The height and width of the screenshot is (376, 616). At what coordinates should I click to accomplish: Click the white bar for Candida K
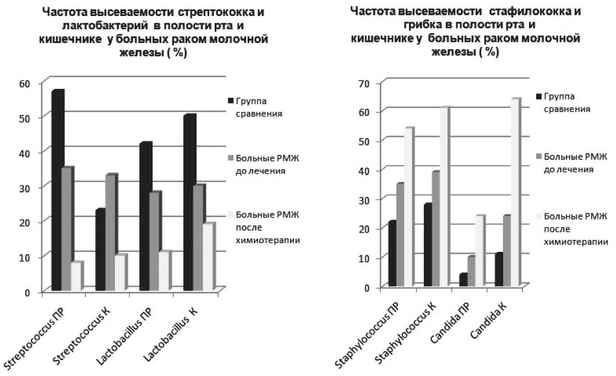coord(514,192)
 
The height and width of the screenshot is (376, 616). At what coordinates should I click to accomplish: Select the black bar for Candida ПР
coord(463,280)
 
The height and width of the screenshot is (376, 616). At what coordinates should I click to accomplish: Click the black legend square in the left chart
coord(230,101)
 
